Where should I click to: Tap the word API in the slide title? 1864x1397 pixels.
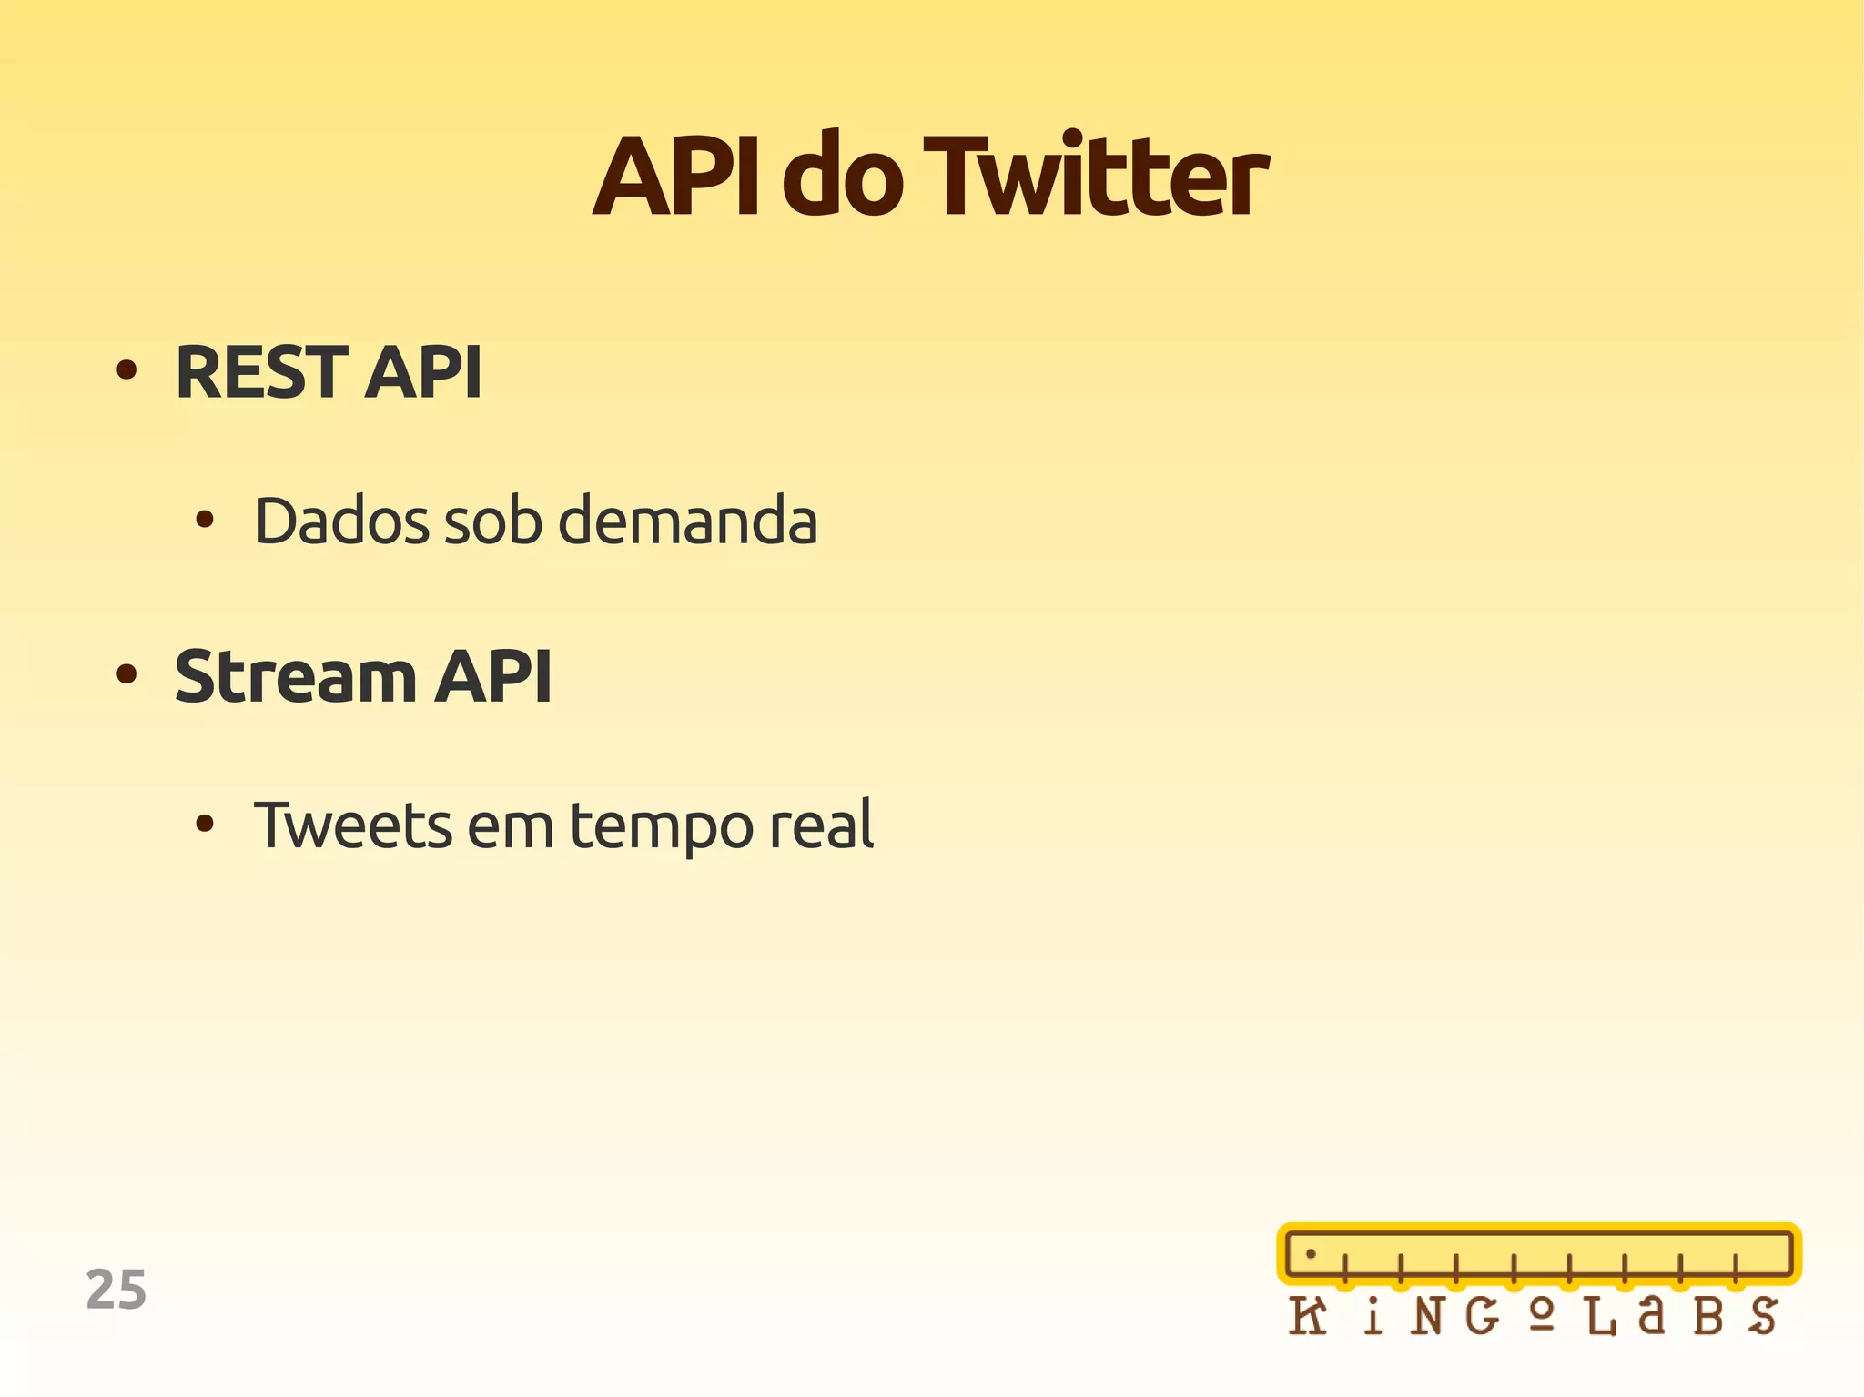[x=675, y=177]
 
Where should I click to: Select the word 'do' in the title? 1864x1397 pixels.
[x=842, y=177]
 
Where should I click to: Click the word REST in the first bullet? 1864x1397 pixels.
[x=261, y=372]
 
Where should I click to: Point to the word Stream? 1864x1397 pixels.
[x=295, y=677]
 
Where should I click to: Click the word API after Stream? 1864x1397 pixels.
[x=492, y=677]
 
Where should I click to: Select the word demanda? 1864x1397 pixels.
[x=687, y=521]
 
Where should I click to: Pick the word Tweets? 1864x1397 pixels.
[x=352, y=825]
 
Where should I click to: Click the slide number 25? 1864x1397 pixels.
[x=116, y=1290]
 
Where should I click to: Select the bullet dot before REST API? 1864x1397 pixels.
[x=127, y=370]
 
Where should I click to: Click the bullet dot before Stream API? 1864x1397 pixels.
[x=127, y=674]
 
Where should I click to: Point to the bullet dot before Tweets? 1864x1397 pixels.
[x=205, y=825]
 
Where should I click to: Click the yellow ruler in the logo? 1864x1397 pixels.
[x=1538, y=1254]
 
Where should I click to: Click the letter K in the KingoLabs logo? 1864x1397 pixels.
[x=1308, y=1316]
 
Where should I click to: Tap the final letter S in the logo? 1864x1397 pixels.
[x=1763, y=1316]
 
